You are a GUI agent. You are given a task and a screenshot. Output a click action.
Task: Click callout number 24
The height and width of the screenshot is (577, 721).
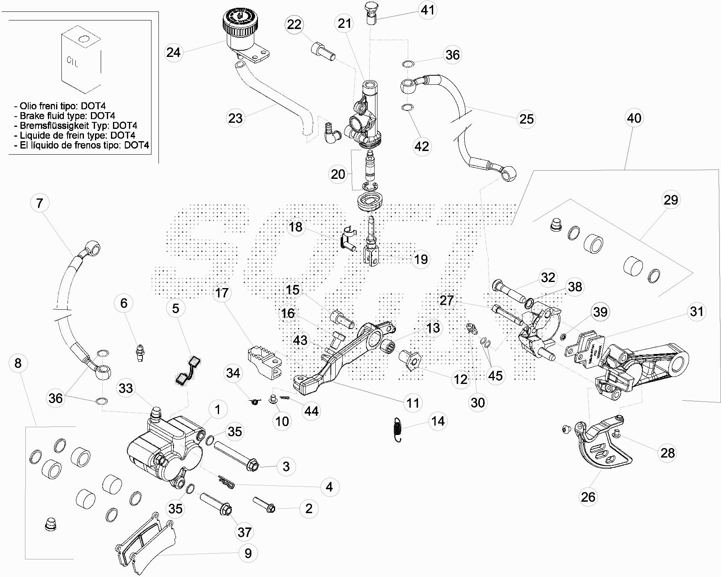174,52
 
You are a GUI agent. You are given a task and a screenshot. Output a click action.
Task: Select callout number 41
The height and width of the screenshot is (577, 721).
427,9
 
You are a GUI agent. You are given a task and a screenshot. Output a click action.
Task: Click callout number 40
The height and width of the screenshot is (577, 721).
634,118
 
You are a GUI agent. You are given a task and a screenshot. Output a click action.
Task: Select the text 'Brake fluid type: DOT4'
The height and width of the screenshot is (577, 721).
67,116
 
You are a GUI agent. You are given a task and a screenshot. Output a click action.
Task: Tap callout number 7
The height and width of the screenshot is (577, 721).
40,203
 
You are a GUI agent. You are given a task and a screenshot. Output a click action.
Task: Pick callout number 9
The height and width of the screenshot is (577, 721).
248,553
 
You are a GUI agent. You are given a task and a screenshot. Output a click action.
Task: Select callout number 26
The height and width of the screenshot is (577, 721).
588,497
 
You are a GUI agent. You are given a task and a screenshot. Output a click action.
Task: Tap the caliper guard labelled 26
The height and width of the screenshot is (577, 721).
602,448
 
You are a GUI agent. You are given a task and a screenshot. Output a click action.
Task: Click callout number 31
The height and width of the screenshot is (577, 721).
696,312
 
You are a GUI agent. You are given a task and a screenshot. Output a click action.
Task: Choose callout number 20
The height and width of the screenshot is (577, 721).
338,174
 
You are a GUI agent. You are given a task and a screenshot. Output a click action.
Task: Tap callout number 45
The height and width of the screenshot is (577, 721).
495,375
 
